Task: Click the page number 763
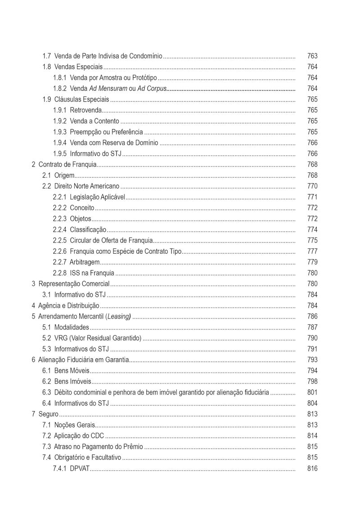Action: (x=312, y=56)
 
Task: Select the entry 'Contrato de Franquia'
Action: (x=67, y=165)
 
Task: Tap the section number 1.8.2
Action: (x=59, y=89)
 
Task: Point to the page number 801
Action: (x=312, y=392)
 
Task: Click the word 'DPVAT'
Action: (x=80, y=468)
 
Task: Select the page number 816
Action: (x=312, y=468)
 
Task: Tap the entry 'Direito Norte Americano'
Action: (x=87, y=186)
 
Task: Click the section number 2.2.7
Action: (x=59, y=262)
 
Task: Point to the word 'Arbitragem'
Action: (x=85, y=262)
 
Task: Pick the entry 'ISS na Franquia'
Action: (x=92, y=273)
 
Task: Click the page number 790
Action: (x=312, y=338)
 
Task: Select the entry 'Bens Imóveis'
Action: (x=72, y=382)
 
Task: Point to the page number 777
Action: (x=312, y=251)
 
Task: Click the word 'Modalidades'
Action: (x=72, y=327)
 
